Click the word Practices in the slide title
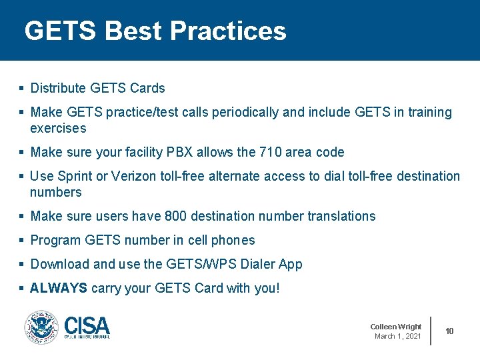pyautogui.click(x=228, y=31)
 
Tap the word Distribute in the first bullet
pyautogui.click(x=58, y=88)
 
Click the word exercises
pyautogui.click(x=58, y=128)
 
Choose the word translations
pyautogui.click(x=341, y=216)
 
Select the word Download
pyautogui.click(x=60, y=264)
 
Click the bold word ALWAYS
pyautogui.click(x=59, y=288)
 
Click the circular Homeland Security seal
pyautogui.click(x=41, y=327)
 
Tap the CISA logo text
pyautogui.click(x=87, y=326)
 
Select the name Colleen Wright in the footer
pyautogui.click(x=396, y=327)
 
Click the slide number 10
pyautogui.click(x=450, y=331)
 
